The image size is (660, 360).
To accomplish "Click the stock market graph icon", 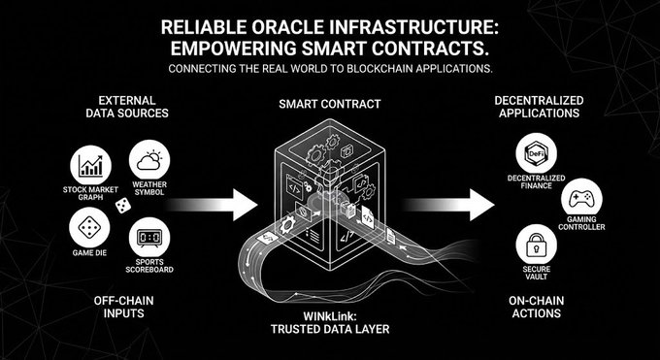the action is point(90,165).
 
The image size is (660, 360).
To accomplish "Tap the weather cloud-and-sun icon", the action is point(149,160).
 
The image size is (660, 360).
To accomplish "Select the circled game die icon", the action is point(89,228).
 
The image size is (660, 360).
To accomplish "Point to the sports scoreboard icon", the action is point(149,238).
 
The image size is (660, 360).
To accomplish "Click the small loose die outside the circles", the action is point(123,206).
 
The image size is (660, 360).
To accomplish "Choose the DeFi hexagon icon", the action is point(536,153).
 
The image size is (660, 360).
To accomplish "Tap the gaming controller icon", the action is point(581,199).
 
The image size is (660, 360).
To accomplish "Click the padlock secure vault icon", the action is point(536,245).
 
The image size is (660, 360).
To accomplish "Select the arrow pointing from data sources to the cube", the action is point(211,205).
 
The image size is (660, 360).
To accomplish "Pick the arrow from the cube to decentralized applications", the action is point(447,205).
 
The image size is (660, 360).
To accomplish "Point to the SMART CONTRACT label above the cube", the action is point(330,104).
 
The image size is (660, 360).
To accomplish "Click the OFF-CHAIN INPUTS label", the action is point(123,307).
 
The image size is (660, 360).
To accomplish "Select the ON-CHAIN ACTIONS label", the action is point(536,307).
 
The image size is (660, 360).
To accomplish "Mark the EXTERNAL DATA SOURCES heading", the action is point(127,107).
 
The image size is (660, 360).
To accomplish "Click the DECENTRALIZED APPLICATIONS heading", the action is point(539,107).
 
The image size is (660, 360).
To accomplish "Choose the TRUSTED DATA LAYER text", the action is point(330,329).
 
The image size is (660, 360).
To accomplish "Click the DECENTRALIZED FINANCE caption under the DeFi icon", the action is point(536,181).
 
